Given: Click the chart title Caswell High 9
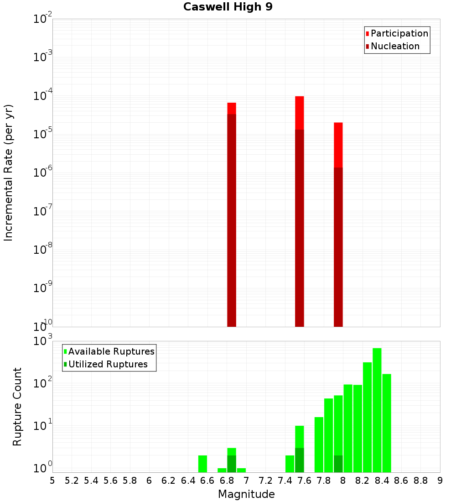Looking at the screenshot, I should [x=228, y=7].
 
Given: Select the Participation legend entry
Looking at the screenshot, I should [x=399, y=34].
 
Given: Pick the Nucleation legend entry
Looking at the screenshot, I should [x=395, y=47].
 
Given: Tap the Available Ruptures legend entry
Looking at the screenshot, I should [x=111, y=351].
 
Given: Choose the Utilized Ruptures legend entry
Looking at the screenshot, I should [x=108, y=364].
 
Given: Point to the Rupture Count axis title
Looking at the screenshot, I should [x=17, y=407].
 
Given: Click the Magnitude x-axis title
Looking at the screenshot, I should [x=246, y=494].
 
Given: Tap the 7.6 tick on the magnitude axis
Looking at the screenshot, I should [x=304, y=481].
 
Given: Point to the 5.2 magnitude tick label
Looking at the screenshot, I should [x=72, y=481].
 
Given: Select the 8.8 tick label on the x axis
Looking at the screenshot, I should [x=420, y=481].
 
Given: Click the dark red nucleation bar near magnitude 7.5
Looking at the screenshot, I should [x=300, y=228].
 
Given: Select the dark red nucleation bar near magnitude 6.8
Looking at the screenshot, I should [x=232, y=219].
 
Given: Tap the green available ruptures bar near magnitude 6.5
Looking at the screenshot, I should [x=202, y=464].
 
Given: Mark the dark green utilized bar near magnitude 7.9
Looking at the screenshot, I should [x=338, y=464].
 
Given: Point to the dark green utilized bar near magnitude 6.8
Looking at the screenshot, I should [x=232, y=464].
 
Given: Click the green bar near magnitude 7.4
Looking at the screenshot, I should [x=290, y=464].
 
